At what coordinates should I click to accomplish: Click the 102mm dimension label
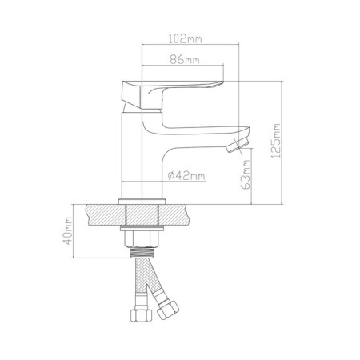185,39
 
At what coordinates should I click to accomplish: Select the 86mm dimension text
185,59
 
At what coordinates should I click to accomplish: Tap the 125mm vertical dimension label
276,141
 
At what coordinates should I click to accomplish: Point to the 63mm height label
246,174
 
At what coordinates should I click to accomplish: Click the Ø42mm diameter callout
186,175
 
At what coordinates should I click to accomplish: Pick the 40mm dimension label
67,231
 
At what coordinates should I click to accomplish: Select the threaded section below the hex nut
142,252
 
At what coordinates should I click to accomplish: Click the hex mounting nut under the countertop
142,238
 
